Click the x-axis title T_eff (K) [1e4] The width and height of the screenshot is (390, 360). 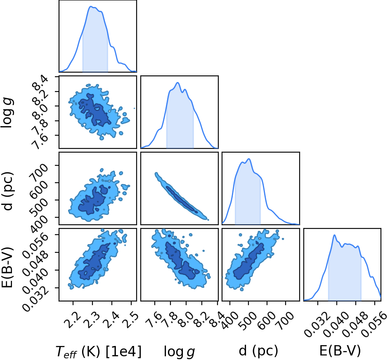point(99,352)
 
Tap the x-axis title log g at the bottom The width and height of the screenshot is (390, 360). point(179,352)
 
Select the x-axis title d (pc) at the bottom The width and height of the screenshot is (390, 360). point(258,351)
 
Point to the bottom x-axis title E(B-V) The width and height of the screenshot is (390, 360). point(340,351)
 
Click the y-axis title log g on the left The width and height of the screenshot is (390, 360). point(7,113)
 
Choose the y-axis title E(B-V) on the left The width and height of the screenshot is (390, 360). point(7,268)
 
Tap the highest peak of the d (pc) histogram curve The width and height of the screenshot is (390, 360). point(249,159)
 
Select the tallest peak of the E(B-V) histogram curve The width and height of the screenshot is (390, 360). point(335,235)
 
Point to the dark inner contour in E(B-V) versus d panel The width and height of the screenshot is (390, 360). point(249,261)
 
